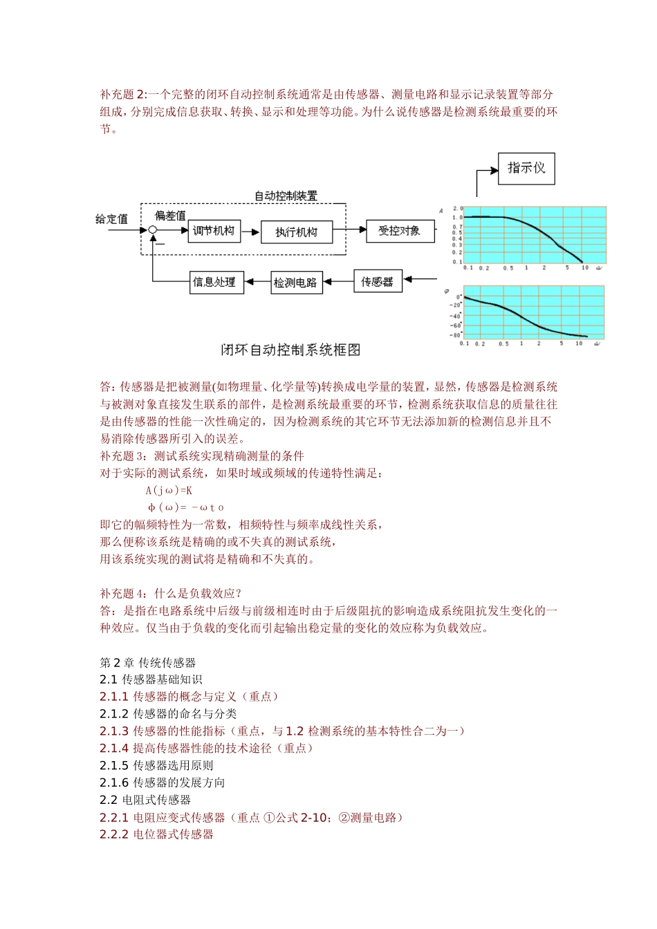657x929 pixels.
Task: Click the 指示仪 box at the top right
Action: pyautogui.click(x=526, y=168)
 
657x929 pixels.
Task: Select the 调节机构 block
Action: pyautogui.click(x=214, y=231)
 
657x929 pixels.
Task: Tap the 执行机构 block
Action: pyautogui.click(x=296, y=232)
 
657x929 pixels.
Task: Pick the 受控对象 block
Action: pyautogui.click(x=399, y=231)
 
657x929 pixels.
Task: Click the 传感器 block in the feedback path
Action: pyautogui.click(x=377, y=281)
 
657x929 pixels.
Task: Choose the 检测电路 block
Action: pyautogui.click(x=296, y=282)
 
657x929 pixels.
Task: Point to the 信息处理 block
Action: pyautogui.click(x=217, y=282)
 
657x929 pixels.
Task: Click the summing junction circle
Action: pyautogui.click(x=153, y=230)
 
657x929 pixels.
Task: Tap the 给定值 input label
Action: pyautogui.click(x=111, y=219)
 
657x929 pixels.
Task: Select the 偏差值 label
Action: pyautogui.click(x=170, y=216)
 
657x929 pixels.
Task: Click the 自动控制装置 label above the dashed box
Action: pyautogui.click(x=286, y=196)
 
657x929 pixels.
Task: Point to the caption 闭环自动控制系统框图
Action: pyautogui.click(x=290, y=350)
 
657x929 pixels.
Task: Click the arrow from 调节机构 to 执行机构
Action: pyautogui.click(x=250, y=232)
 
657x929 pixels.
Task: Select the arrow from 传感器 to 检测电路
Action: pyautogui.click(x=339, y=282)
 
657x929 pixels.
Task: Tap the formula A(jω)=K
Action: pyautogui.click(x=169, y=490)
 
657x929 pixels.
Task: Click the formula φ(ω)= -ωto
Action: pyautogui.click(x=185, y=507)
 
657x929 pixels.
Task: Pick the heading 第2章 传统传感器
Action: pyautogui.click(x=148, y=662)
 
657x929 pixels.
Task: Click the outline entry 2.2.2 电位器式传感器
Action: pyautogui.click(x=156, y=834)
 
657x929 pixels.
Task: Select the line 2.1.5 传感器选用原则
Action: pyautogui.click(x=156, y=765)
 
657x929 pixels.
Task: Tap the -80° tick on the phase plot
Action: pyautogui.click(x=456, y=335)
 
